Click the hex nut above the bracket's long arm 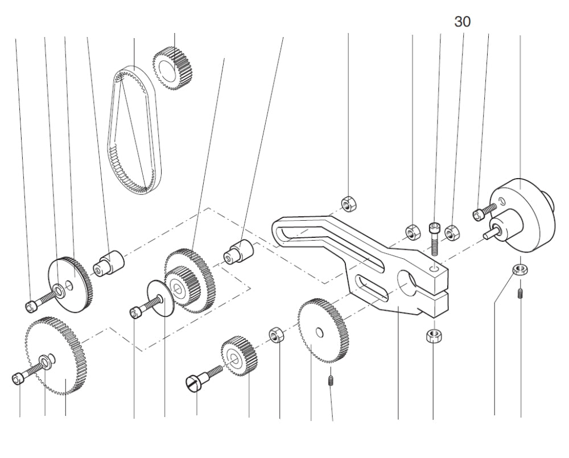[348, 203]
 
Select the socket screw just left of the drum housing [481, 213]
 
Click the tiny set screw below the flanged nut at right [521, 294]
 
